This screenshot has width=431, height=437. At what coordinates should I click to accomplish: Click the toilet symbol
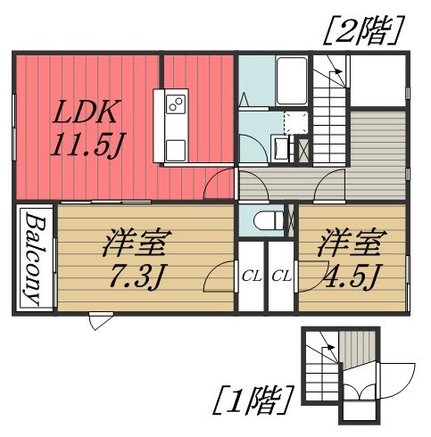point(266,218)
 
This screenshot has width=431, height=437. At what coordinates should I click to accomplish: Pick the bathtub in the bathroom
point(291,80)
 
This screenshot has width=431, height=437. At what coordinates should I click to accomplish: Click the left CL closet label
point(251,276)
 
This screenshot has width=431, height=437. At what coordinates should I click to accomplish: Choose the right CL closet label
point(281,276)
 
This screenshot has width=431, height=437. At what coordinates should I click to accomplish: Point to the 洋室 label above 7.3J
point(134,242)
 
